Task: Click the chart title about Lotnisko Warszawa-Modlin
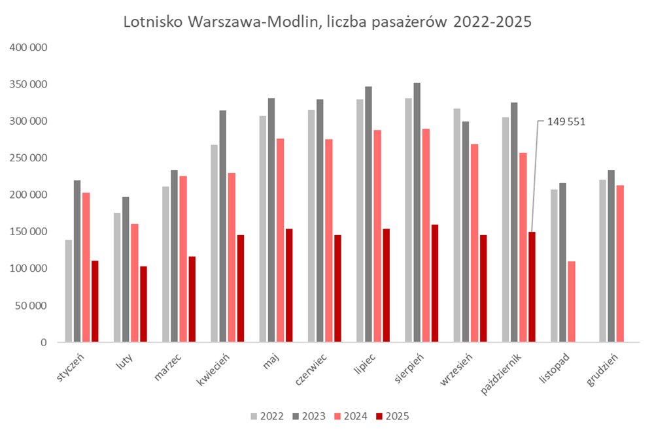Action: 327,22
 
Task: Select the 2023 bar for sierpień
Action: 417,212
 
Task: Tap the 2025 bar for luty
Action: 143,304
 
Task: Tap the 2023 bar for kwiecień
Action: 223,226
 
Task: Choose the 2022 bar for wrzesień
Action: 456,225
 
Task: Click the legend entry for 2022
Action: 266,416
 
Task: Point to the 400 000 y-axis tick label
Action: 27,48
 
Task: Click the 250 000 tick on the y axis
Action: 27,158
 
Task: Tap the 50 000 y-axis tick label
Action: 30,305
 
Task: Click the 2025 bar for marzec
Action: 192,299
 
